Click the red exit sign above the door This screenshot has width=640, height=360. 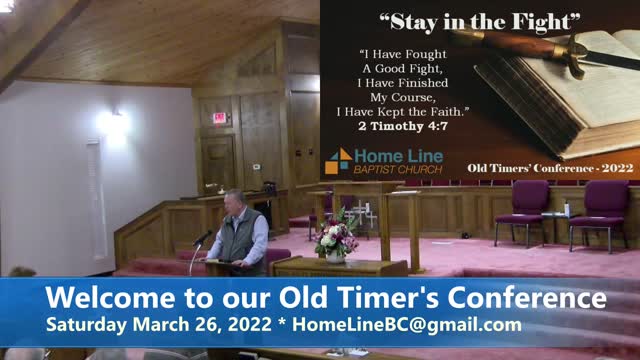click(x=219, y=117)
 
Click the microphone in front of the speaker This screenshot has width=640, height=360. click(x=203, y=237)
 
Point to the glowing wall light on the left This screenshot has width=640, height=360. click(x=112, y=122)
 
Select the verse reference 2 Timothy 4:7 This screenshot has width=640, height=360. click(x=402, y=127)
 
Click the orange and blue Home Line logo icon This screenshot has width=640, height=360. click(x=338, y=161)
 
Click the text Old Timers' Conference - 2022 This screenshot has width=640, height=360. click(x=551, y=168)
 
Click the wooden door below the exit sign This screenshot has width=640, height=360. click(x=218, y=160)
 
